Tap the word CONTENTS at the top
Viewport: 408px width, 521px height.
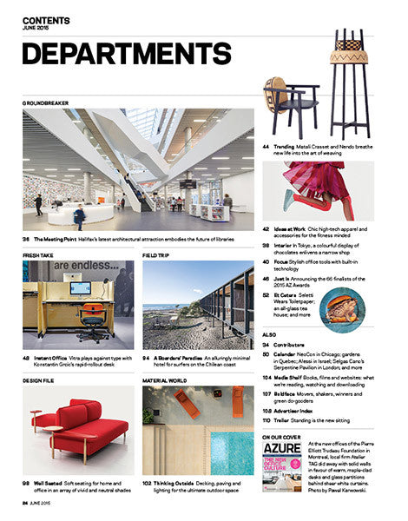[47, 19]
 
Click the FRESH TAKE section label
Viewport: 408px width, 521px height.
[40, 255]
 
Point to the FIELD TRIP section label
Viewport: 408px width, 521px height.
[157, 255]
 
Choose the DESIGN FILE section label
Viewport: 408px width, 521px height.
[41, 379]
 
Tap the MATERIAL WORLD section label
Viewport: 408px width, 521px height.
[166, 379]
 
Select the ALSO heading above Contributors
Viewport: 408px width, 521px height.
[269, 333]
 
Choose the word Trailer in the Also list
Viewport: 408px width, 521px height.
[286, 420]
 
